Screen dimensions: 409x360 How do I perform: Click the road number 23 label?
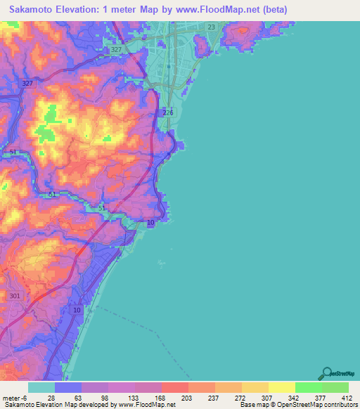(212, 27)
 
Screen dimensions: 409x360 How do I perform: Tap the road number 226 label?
(167, 112)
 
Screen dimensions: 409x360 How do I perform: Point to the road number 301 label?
(15, 296)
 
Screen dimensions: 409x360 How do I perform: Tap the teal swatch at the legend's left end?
(41, 387)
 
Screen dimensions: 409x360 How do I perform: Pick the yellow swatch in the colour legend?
(281, 387)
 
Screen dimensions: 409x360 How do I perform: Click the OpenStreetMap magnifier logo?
(328, 373)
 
